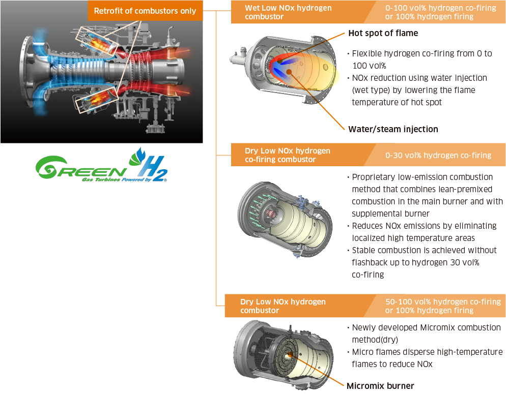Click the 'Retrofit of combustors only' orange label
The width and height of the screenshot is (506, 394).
click(145, 11)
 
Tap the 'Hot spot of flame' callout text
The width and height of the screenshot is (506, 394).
click(383, 33)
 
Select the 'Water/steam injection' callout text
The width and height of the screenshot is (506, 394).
click(393, 129)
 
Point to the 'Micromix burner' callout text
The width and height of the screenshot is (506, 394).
click(380, 386)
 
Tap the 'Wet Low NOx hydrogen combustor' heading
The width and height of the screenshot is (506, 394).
click(288, 12)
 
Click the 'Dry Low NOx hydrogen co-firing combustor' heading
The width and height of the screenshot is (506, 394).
click(287, 155)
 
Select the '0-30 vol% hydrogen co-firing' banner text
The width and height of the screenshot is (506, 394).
click(438, 155)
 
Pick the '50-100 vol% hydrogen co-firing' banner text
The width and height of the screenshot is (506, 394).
click(443, 301)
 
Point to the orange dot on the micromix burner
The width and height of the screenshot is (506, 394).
click(290, 355)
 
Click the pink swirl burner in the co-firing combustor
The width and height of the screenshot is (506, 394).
click(271, 214)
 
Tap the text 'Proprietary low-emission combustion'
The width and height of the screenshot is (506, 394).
click(423, 177)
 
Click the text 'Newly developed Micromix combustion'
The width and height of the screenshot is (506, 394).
click(426, 327)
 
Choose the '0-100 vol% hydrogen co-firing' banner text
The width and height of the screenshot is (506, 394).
click(440, 8)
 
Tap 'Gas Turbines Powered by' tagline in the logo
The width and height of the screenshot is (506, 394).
click(117, 179)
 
